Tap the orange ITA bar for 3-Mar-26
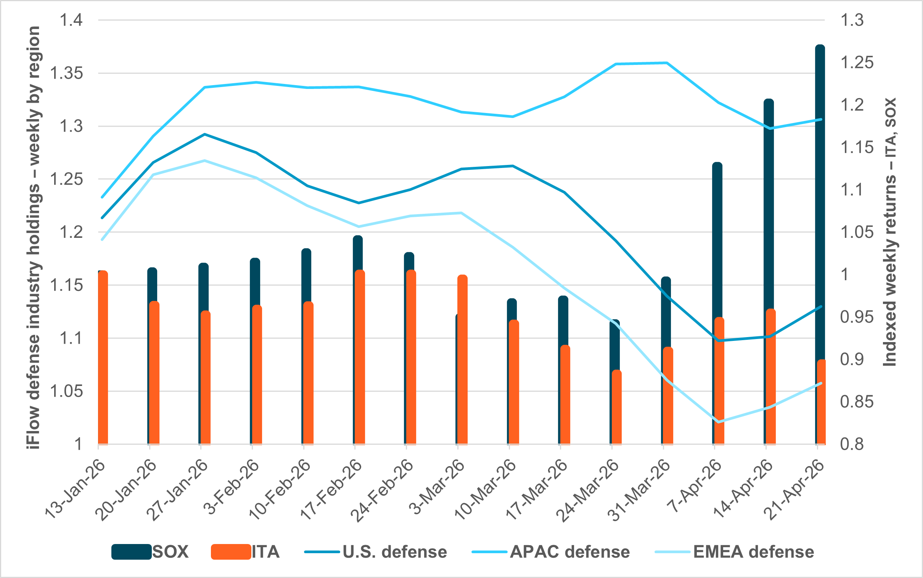(x=463, y=359)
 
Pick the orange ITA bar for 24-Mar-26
(x=617, y=407)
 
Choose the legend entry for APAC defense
(x=551, y=552)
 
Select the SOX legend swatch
(x=131, y=552)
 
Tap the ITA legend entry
(x=245, y=552)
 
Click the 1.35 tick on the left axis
(x=66, y=73)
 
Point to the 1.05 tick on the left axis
(x=66, y=391)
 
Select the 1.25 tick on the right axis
(x=857, y=62)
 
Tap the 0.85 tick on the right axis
(x=857, y=402)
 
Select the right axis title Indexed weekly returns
(x=890, y=232)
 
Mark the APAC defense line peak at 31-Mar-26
(x=666, y=63)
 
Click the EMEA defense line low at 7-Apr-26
(x=719, y=422)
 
